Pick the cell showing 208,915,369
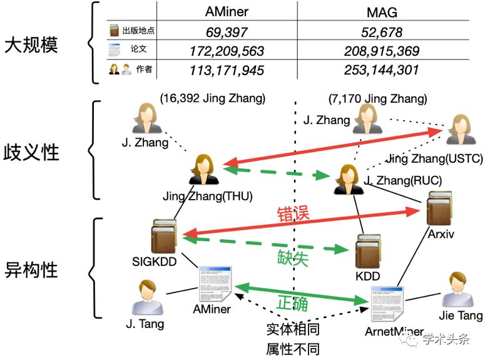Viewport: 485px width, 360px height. click(x=382, y=51)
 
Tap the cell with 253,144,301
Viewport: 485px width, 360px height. click(x=382, y=69)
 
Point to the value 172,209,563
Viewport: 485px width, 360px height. click(x=227, y=51)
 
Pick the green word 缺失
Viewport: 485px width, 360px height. click(x=293, y=257)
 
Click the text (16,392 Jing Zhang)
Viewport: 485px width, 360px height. click(x=212, y=98)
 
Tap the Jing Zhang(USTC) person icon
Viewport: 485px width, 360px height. click(x=461, y=130)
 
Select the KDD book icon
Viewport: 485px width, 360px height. click(x=368, y=253)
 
